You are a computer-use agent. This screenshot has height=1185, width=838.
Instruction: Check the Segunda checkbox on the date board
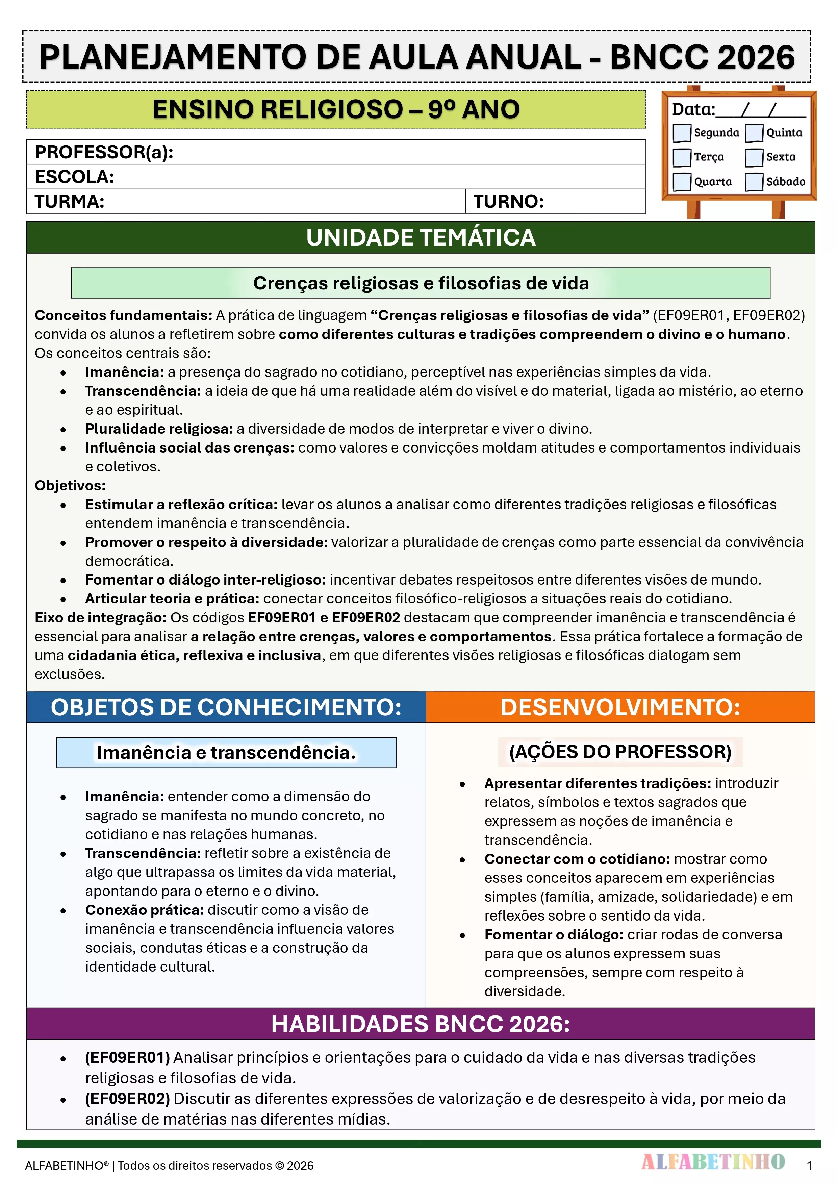pyautogui.click(x=682, y=133)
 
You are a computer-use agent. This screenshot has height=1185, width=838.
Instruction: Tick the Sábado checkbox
pyautogui.click(x=754, y=182)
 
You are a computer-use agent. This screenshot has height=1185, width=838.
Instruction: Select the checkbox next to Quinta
pyautogui.click(x=754, y=133)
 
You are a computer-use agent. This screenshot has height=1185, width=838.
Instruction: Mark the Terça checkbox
pyautogui.click(x=682, y=157)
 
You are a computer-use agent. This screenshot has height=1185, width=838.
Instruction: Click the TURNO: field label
pyautogui.click(x=509, y=201)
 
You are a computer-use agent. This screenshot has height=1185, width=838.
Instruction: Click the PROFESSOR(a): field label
pyautogui.click(x=104, y=152)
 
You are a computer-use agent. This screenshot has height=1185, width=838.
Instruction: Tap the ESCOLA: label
pyautogui.click(x=74, y=177)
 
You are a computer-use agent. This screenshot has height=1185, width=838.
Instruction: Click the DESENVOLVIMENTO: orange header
pyautogui.click(x=620, y=707)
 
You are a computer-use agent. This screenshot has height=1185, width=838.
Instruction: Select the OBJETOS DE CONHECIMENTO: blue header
pyautogui.click(x=226, y=707)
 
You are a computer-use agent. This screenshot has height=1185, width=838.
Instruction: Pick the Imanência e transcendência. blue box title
pyautogui.click(x=226, y=752)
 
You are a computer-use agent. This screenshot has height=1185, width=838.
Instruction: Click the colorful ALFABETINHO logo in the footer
pyautogui.click(x=713, y=1162)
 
